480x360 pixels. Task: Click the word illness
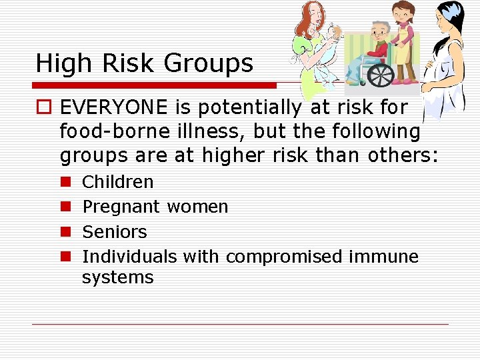pyautogui.click(x=198, y=131)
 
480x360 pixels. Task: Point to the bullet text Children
pyautogui.click(x=117, y=182)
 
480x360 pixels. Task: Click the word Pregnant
pyautogui.click(x=121, y=207)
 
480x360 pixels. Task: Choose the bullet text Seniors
pyautogui.click(x=114, y=232)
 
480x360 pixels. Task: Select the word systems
pyautogui.click(x=117, y=277)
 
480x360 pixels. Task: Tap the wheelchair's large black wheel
pyautogui.click(x=380, y=75)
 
